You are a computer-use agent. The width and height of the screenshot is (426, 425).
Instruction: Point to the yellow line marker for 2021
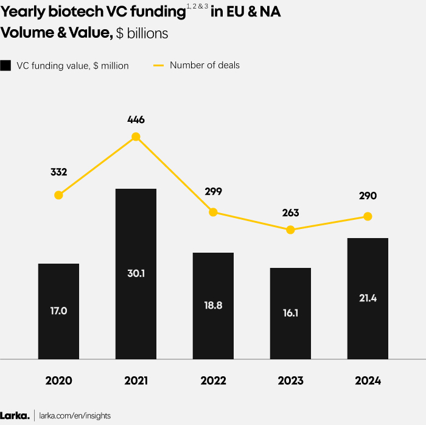(136, 137)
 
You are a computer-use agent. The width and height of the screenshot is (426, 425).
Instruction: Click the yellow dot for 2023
(290, 230)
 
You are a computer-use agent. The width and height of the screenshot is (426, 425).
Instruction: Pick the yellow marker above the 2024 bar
(368, 216)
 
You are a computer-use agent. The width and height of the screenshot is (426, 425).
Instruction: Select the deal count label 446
(136, 120)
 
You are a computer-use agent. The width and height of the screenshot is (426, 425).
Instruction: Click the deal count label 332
(58, 173)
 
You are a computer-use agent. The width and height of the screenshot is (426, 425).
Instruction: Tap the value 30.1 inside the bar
(136, 273)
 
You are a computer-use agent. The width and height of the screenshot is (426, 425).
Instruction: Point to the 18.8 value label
(213, 306)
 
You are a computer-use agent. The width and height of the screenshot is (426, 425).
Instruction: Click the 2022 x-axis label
(213, 381)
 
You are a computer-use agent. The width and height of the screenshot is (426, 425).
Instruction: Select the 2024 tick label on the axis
(368, 381)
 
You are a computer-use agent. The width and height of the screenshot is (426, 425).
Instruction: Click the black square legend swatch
(6, 66)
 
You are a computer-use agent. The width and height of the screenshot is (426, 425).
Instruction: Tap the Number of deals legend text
(204, 65)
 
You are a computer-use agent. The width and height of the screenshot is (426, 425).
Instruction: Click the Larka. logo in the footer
(15, 415)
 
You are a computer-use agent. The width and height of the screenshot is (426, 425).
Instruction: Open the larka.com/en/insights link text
(75, 416)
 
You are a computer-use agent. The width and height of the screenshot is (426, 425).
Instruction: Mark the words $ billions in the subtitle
(142, 33)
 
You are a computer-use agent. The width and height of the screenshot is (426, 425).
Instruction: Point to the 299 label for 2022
(213, 191)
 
